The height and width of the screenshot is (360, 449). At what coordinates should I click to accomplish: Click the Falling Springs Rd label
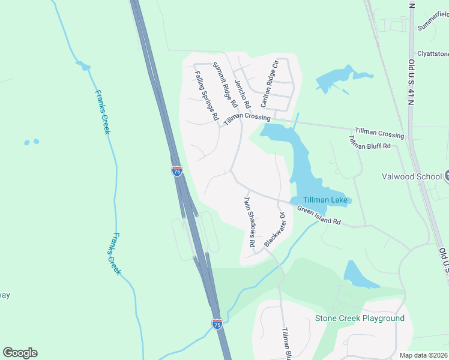(x=206, y=97)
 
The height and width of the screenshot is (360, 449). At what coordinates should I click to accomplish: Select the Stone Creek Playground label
(x=360, y=318)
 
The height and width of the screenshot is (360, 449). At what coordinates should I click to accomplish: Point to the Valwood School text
(x=411, y=176)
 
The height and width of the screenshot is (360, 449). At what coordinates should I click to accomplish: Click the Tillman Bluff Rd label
(x=369, y=142)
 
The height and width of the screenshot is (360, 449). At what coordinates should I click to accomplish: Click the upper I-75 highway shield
(x=176, y=171)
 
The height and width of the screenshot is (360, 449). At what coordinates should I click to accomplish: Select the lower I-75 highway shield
(x=217, y=323)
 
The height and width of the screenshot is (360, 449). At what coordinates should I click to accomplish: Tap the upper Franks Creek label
(x=102, y=112)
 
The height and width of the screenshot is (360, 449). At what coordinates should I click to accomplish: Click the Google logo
(x=20, y=353)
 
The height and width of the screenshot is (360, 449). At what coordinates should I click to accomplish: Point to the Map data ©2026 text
(x=423, y=355)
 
